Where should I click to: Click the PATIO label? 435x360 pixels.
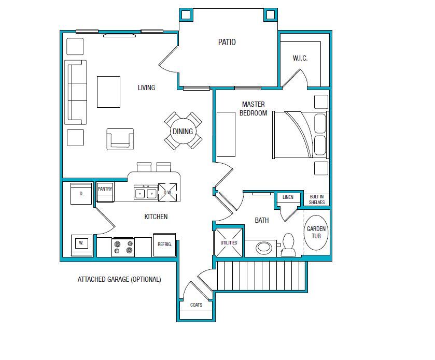[227, 42]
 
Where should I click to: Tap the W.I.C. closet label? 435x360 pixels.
[300, 59]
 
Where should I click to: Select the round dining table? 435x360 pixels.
[183, 132]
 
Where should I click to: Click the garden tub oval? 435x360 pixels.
[316, 232]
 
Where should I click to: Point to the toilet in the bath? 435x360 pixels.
[288, 245]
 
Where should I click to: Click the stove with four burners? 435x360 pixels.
[123, 247]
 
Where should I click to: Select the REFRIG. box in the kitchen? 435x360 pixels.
[165, 244]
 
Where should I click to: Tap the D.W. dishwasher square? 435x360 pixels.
[167, 192]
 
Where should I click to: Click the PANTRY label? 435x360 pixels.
[105, 190]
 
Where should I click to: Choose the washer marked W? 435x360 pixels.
[81, 243]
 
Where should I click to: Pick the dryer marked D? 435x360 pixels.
[81, 194]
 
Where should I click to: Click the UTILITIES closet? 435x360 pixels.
[229, 242]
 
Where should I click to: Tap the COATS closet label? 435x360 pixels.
[196, 305]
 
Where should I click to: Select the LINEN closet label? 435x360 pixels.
[288, 197]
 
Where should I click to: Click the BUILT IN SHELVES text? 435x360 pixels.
[317, 199]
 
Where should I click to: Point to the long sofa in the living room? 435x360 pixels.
[75, 92]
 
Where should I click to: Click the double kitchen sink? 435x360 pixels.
[145, 193]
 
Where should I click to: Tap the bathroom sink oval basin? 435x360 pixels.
[264, 247]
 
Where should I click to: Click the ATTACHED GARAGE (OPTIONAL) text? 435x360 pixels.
[119, 279]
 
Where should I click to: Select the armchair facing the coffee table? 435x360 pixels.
[120, 139]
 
